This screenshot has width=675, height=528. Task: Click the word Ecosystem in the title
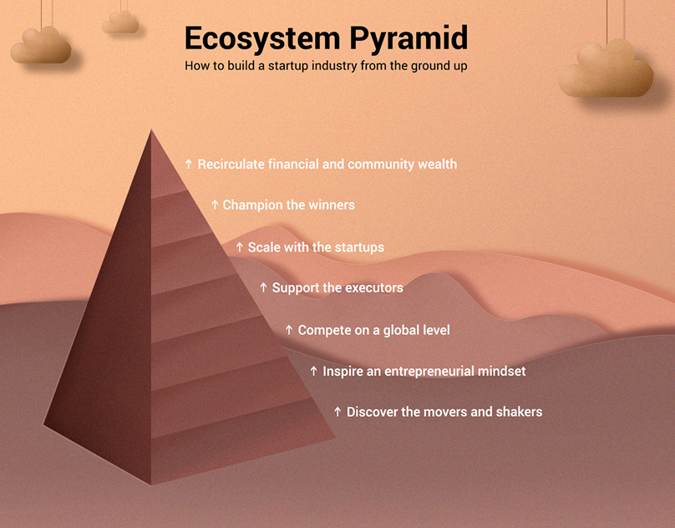262,38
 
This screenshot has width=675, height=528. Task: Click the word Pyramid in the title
409,38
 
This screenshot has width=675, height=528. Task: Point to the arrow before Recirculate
188,164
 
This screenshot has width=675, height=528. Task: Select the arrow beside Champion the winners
215,205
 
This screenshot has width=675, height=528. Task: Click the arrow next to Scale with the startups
240,247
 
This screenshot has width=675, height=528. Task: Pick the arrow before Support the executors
263,287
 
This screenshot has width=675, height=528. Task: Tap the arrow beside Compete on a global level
289,330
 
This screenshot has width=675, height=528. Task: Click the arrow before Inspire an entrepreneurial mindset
314,371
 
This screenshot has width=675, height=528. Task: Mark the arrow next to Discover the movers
338,412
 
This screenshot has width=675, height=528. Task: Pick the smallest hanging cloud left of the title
120,23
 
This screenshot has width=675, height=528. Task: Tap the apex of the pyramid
151,129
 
